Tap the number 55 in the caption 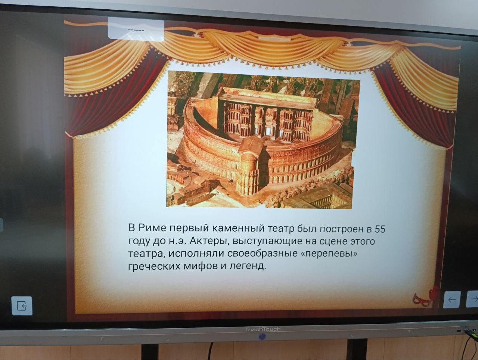[x=380, y=229]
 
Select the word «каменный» [x=238, y=229]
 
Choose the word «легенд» [x=248, y=266]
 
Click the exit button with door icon [x=22, y=306]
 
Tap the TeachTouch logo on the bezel [x=263, y=329]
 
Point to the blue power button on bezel [x=263, y=337]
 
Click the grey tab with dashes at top [x=136, y=30]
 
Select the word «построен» [x=341, y=229]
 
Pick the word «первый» [x=189, y=228]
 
